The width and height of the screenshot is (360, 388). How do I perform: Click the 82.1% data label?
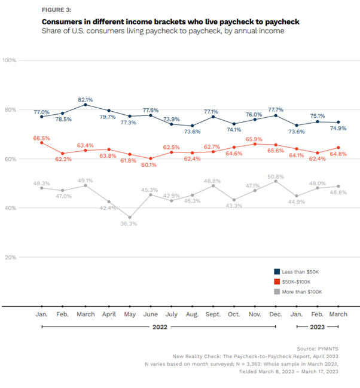click(86, 99)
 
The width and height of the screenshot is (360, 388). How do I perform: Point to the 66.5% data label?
click(41, 138)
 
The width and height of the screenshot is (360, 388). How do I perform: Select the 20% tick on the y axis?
click(10, 257)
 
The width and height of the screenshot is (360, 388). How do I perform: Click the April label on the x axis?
click(108, 314)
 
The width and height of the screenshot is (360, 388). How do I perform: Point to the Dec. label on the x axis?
click(276, 314)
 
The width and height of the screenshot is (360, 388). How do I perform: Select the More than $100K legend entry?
click(299, 292)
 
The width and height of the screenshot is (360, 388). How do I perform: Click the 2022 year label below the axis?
click(158, 327)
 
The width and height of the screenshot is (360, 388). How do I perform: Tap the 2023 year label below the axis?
click(318, 327)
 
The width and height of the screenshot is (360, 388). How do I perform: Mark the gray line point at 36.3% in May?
click(130, 218)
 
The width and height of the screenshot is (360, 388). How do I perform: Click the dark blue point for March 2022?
click(86, 105)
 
